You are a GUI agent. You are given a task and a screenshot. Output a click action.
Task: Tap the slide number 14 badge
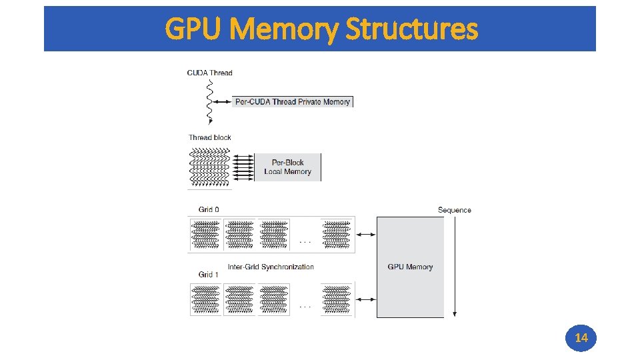(x=581, y=338)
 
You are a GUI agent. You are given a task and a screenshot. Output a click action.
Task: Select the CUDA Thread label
(x=209, y=73)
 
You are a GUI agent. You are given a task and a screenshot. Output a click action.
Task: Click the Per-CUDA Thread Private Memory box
(x=293, y=102)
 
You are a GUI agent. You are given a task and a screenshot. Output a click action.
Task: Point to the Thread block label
(x=209, y=137)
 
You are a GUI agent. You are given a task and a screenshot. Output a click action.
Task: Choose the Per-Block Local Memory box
(x=287, y=167)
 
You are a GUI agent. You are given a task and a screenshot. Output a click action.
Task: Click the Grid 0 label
(x=209, y=209)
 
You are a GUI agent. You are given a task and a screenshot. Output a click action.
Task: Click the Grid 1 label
(x=209, y=274)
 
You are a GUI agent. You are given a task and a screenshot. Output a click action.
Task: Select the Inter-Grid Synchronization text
(x=271, y=267)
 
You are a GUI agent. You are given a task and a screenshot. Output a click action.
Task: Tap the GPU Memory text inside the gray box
(x=410, y=267)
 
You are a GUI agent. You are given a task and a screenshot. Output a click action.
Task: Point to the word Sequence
(x=454, y=210)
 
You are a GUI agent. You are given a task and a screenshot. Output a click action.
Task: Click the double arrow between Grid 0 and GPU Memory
(x=365, y=234)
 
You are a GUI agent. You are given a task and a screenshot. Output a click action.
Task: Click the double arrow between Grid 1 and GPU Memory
(x=365, y=299)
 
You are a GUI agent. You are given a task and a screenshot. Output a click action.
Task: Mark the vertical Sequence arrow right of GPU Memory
(x=454, y=267)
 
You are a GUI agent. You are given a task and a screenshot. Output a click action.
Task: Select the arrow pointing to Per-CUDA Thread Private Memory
(x=223, y=102)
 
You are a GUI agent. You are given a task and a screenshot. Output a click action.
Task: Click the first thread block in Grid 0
(x=206, y=234)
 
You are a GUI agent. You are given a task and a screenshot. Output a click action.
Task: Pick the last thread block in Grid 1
(x=336, y=299)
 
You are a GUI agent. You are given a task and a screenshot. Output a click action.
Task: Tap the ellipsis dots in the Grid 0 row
(x=305, y=241)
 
